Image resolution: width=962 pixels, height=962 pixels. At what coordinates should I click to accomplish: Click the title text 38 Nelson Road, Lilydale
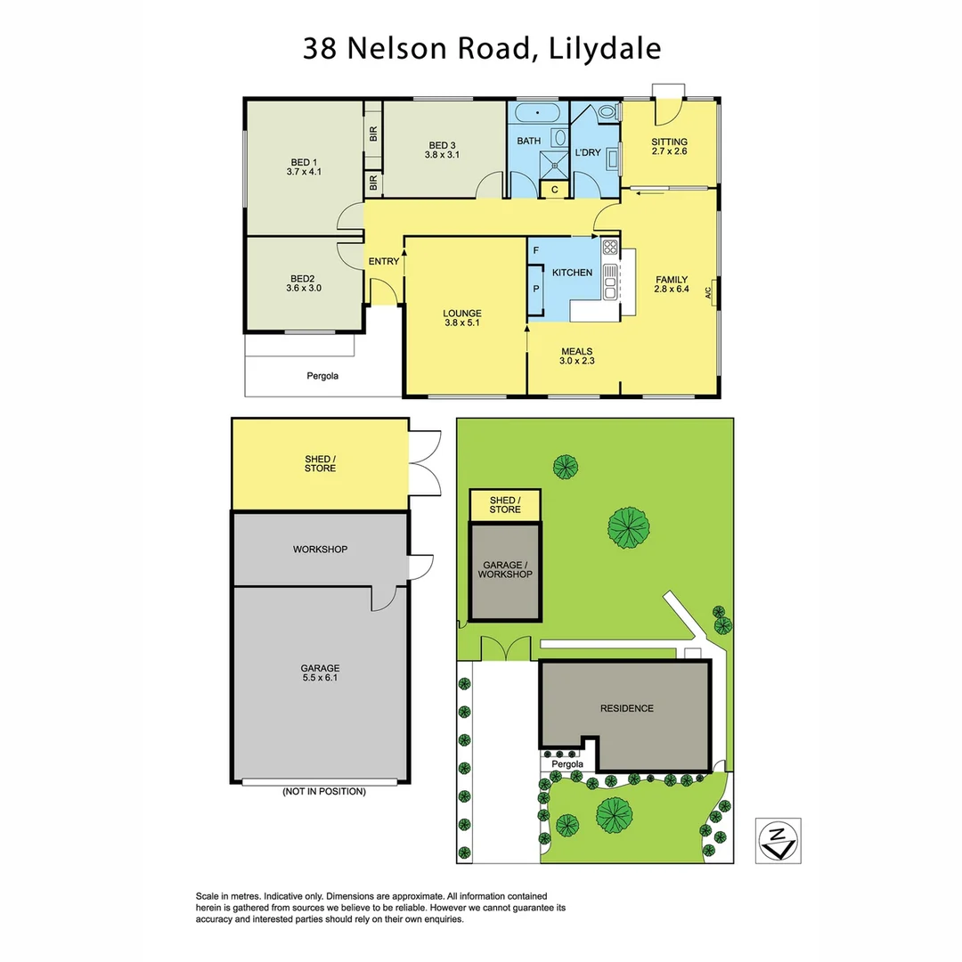coord(482,48)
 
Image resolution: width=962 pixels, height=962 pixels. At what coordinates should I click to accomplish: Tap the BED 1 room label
coord(303,161)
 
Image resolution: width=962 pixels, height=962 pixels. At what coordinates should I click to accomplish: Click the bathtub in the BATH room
coord(538,114)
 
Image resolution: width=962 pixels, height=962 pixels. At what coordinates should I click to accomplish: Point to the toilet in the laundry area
coord(609,112)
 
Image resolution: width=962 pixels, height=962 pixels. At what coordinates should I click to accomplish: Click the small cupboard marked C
coord(554,190)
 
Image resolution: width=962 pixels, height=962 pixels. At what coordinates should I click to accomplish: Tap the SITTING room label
coord(669,142)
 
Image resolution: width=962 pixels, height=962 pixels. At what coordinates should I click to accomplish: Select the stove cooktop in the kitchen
coord(610,247)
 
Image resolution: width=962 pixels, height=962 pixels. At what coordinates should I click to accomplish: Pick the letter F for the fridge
coord(535,252)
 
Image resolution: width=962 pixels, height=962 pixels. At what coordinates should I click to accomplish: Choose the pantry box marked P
coord(536,289)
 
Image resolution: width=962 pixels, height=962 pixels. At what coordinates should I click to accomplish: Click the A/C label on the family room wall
coord(708,291)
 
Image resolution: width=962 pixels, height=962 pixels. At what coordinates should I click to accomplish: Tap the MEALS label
coord(576,351)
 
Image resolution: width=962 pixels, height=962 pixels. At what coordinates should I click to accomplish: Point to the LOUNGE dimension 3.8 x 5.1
coord(461,323)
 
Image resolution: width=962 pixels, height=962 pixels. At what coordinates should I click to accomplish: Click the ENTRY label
coord(384,261)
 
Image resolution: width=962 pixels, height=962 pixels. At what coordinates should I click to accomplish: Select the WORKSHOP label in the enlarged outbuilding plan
coord(320,550)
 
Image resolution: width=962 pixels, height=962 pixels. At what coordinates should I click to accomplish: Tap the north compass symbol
coord(778,840)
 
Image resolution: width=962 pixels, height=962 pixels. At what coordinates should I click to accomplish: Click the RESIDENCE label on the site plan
coord(626,708)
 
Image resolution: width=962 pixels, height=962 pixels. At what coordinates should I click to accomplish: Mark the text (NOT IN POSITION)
coord(324,791)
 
